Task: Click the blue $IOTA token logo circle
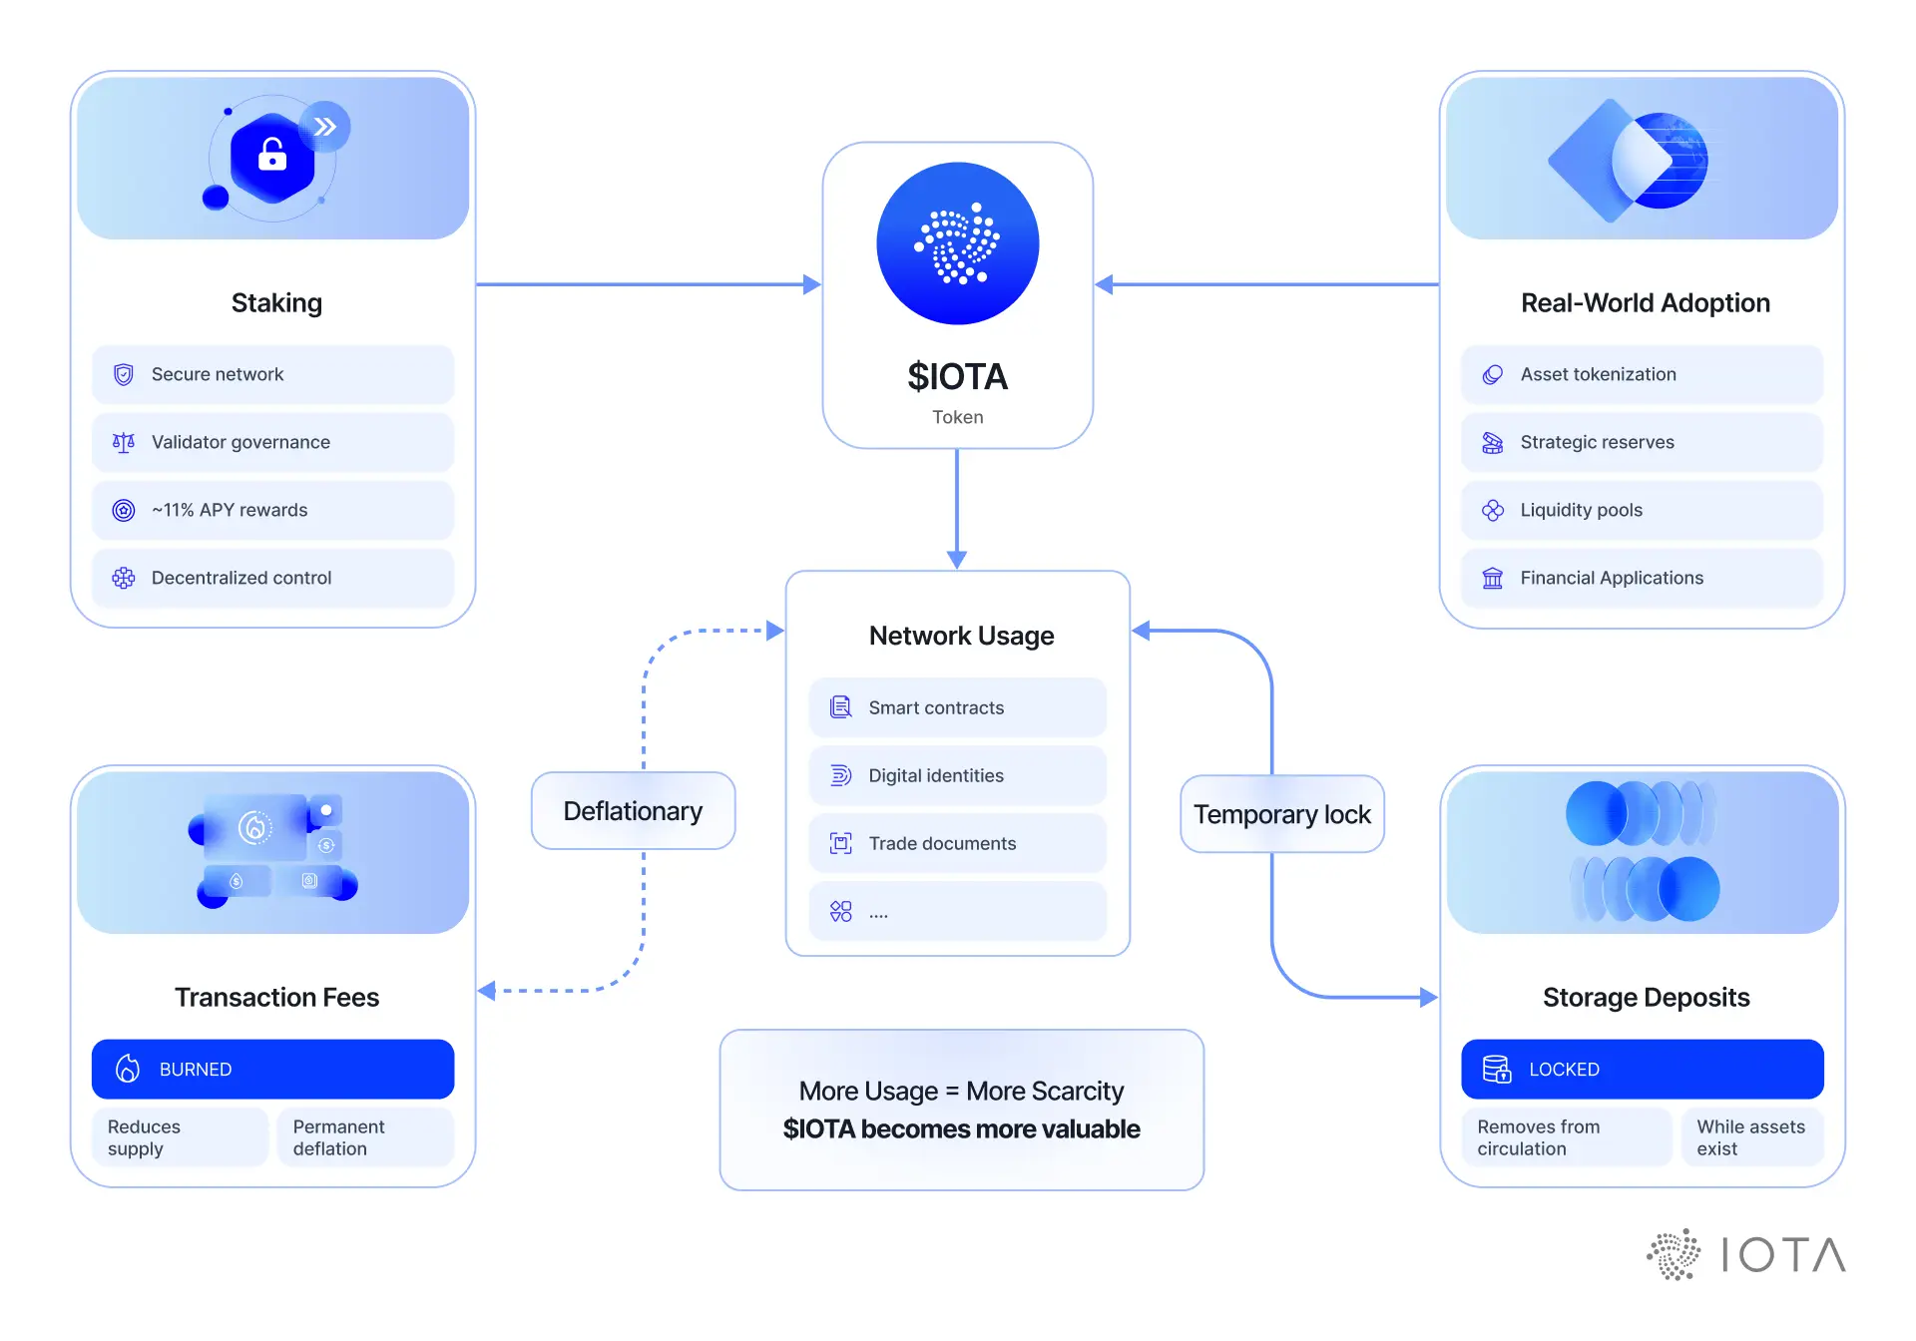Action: coord(957,243)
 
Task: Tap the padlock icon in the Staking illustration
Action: coord(271,156)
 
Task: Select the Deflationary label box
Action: coord(633,811)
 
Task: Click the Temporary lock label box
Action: coord(1281,814)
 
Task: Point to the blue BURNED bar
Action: coord(272,1069)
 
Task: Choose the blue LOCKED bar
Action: coord(1642,1069)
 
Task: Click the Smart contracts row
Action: coord(957,707)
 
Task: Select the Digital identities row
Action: coord(957,775)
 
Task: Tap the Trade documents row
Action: coord(957,843)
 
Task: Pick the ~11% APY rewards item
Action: coord(272,510)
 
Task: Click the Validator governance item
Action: coord(272,442)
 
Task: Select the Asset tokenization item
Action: coord(1642,374)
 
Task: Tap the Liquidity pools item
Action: coord(1642,510)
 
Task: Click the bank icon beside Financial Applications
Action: coord(1492,578)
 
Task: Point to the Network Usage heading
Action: coord(961,636)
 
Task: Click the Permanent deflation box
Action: coord(365,1137)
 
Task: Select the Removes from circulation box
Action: coord(1566,1137)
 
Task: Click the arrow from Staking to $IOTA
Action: coord(649,284)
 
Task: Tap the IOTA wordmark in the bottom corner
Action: coord(1783,1255)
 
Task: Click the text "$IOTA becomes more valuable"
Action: coord(961,1128)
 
